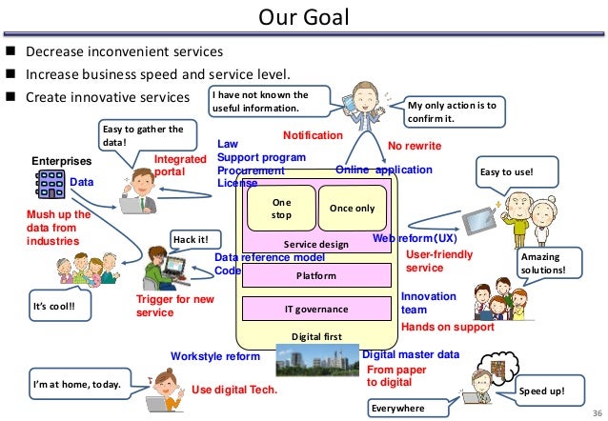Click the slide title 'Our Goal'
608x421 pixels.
point(305,17)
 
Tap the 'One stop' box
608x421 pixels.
point(281,209)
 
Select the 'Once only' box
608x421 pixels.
point(352,209)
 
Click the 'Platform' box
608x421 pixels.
point(316,276)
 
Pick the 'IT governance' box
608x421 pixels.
point(316,310)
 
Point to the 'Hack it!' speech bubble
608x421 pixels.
point(190,238)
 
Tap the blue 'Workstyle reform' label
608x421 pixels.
point(214,356)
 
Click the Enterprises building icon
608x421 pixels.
point(49,183)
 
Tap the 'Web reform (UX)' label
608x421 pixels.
point(415,238)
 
